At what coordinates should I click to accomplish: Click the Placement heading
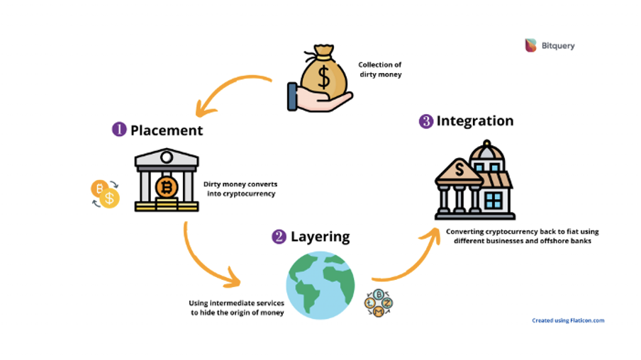167,130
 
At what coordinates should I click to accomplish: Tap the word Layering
320,237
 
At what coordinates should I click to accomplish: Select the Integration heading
475,121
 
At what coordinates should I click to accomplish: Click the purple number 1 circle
119,130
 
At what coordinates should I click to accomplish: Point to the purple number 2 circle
279,236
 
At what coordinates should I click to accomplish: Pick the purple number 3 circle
426,121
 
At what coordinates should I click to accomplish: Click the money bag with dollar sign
323,74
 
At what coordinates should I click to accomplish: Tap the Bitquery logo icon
530,45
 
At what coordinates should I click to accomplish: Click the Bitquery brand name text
558,46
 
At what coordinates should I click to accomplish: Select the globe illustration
320,285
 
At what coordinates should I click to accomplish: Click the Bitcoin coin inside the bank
167,188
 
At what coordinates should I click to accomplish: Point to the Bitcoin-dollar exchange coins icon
106,193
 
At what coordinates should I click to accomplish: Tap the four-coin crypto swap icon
379,303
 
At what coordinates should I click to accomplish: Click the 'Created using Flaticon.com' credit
568,320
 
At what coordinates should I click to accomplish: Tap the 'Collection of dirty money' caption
380,69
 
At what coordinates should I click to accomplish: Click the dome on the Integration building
487,152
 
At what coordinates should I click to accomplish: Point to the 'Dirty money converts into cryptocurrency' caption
240,189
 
